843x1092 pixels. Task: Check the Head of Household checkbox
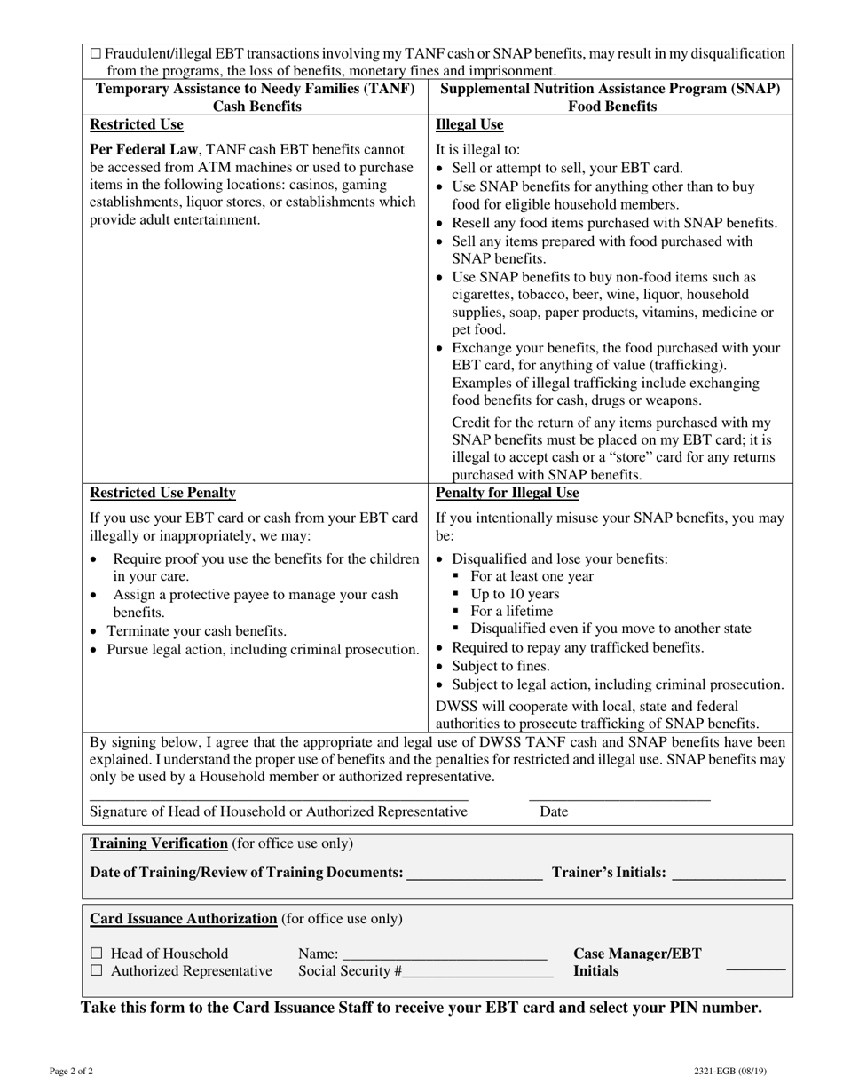pyautogui.click(x=96, y=954)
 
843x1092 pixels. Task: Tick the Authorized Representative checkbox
pyautogui.click(x=96, y=971)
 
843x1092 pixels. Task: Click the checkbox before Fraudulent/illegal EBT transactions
pyautogui.click(x=96, y=54)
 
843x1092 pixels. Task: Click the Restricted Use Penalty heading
pyautogui.click(x=162, y=493)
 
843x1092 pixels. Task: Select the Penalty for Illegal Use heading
pyautogui.click(x=507, y=493)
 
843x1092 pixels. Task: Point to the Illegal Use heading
pyautogui.click(x=469, y=124)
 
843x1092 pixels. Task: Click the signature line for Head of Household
pyautogui.click(x=279, y=798)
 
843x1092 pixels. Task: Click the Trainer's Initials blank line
pyautogui.click(x=729, y=877)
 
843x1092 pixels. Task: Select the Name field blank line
pyautogui.click(x=444, y=958)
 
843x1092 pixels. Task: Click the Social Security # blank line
pyautogui.click(x=477, y=976)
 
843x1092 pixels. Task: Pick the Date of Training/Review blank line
pyautogui.click(x=474, y=877)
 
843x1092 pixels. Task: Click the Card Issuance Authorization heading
pyautogui.click(x=184, y=918)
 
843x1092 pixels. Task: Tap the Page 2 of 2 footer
pyautogui.click(x=71, y=1071)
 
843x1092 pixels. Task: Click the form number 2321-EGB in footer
pyautogui.click(x=730, y=1071)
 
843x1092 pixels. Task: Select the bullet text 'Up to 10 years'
pyautogui.click(x=515, y=594)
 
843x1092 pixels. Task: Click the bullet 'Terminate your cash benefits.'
pyautogui.click(x=197, y=630)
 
